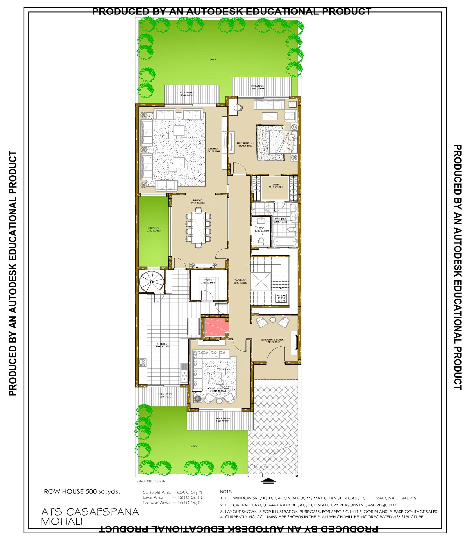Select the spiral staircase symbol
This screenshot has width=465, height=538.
151,281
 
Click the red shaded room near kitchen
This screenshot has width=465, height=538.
215,327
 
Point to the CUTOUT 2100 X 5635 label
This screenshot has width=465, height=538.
153,229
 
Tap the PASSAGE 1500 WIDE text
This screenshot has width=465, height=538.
240,281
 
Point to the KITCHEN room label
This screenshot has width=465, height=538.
162,345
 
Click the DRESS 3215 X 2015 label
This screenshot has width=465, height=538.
275,186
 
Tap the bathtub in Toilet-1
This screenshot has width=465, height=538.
285,241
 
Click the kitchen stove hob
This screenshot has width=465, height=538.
142,362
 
